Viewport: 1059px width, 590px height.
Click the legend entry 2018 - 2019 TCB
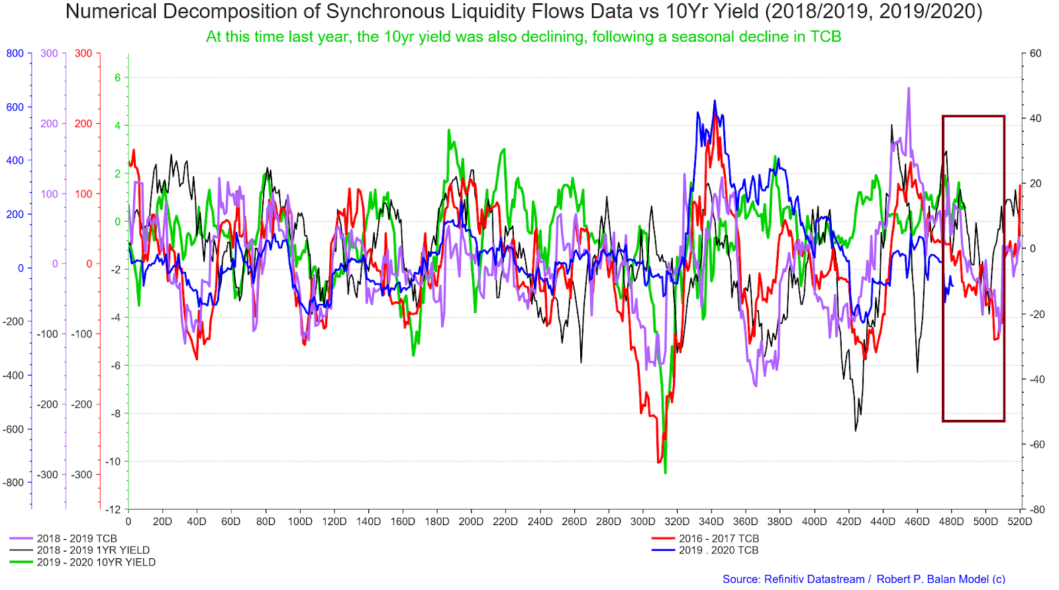coord(76,538)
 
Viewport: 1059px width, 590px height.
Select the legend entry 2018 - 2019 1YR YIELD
coord(93,550)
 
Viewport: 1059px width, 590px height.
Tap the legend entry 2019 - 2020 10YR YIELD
coord(96,562)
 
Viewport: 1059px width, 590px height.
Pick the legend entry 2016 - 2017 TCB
coord(719,538)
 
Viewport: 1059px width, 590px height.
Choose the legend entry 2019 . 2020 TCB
coord(719,550)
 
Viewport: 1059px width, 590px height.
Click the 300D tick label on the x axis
coord(642,521)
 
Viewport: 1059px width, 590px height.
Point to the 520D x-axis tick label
coord(1019,521)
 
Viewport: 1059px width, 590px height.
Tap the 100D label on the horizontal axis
coord(299,521)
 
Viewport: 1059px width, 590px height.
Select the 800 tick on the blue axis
coord(15,54)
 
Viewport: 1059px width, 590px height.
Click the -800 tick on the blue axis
coord(13,483)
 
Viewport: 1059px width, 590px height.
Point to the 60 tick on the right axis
coord(1035,54)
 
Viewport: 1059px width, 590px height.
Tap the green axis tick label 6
coord(118,77)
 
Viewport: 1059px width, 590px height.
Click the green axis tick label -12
coord(113,509)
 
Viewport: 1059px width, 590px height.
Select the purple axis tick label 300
coord(49,54)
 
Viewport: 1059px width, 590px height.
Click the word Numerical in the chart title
coord(109,12)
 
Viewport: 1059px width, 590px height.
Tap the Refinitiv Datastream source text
coord(814,579)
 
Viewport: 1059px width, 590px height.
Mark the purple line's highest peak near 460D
coord(908,88)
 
